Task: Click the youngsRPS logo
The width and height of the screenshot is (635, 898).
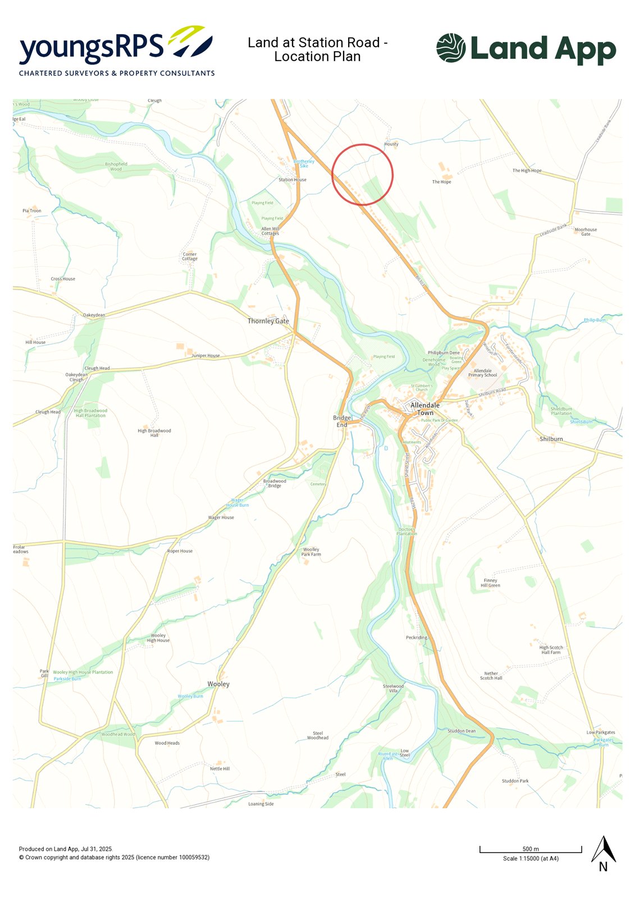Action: tap(117, 51)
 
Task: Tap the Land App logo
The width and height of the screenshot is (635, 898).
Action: tap(526, 49)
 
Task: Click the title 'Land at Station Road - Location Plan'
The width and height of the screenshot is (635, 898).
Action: tap(317, 49)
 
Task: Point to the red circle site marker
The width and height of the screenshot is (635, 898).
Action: tap(362, 175)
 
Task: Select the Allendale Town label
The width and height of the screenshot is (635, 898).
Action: tap(425, 409)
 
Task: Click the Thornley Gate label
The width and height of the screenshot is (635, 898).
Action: tap(268, 321)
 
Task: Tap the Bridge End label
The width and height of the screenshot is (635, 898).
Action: tap(342, 421)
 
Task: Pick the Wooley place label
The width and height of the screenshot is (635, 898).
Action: tap(218, 684)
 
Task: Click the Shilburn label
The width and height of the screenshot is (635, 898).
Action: tap(551, 439)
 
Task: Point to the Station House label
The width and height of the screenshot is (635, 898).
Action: tap(293, 180)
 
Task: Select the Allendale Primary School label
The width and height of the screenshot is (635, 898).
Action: tap(483, 373)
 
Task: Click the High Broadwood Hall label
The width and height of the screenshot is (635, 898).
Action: tap(154, 433)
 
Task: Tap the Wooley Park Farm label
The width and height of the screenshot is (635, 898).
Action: tap(311, 552)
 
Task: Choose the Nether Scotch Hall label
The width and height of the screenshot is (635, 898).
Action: tap(491, 676)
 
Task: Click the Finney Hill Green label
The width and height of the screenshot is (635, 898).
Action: tap(490, 583)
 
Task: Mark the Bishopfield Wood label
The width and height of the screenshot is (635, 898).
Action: tap(116, 166)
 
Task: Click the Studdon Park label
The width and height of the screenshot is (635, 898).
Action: tap(515, 781)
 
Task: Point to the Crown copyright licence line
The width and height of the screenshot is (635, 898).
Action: tap(114, 857)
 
